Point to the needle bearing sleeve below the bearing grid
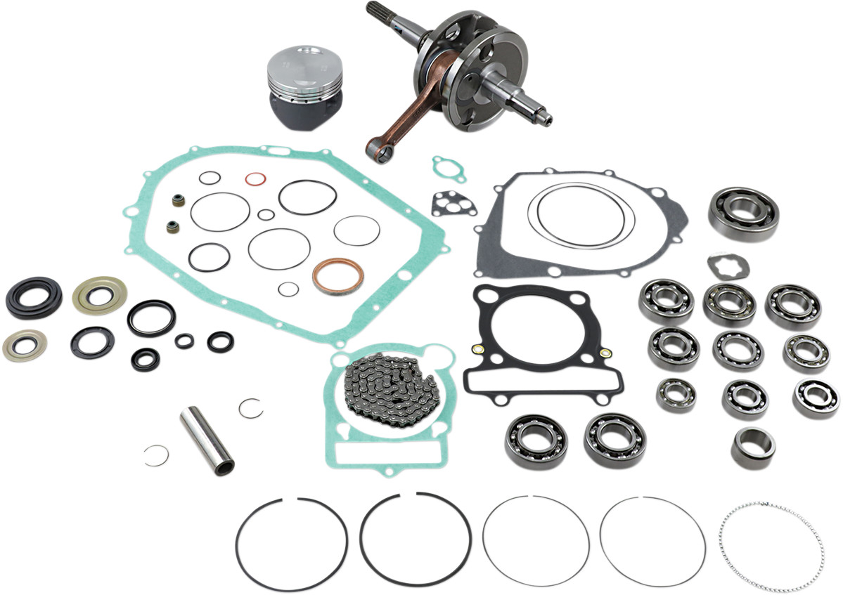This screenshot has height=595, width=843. click(x=753, y=447)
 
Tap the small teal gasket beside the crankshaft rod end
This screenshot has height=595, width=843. click(x=449, y=169)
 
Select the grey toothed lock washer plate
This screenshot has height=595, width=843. click(x=728, y=265)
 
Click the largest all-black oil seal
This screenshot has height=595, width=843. click(x=33, y=297)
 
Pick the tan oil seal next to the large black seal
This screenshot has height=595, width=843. click(x=99, y=294)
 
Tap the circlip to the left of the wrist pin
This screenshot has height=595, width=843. click(x=155, y=455)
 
